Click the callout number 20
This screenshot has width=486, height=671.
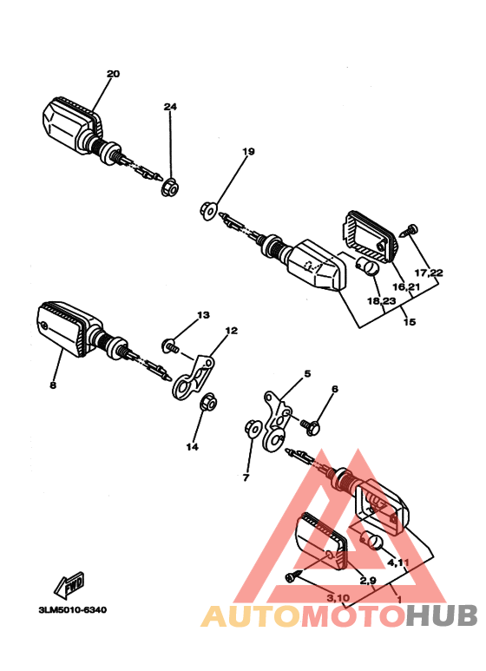click(113, 74)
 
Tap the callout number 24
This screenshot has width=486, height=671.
click(170, 107)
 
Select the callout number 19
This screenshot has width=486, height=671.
click(248, 152)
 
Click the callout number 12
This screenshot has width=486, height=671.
click(231, 331)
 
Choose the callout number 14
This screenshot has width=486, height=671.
click(192, 447)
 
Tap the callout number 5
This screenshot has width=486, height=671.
click(306, 375)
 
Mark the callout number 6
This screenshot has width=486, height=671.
click(334, 389)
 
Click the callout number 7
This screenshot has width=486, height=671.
click(246, 477)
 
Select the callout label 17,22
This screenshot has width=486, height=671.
click(429, 273)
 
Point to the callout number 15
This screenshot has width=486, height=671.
click(409, 322)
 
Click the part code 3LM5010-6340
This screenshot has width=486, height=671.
click(72, 609)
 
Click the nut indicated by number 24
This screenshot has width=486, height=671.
click(171, 187)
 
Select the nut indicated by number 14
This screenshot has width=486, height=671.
click(209, 404)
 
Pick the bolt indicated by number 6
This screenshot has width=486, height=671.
click(312, 425)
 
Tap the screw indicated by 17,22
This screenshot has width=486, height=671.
click(410, 231)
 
